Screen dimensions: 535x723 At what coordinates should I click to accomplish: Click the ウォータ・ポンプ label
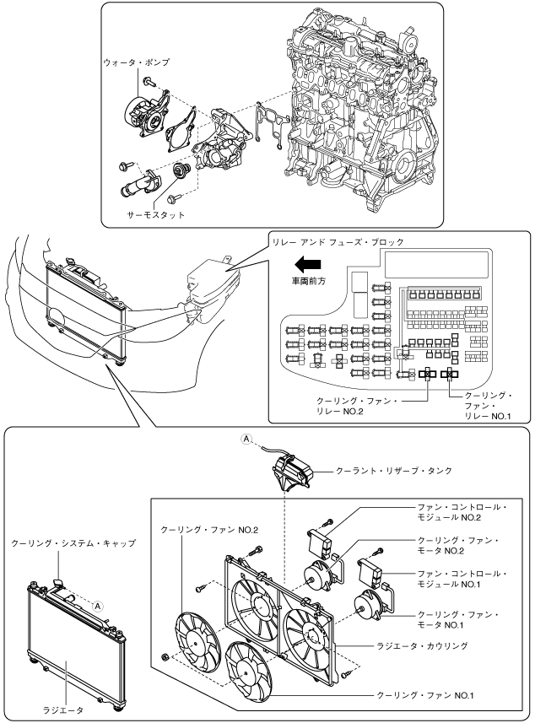click(x=137, y=62)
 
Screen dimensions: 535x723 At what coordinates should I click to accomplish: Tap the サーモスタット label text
click(x=156, y=215)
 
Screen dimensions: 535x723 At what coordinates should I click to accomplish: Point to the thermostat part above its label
click(x=179, y=170)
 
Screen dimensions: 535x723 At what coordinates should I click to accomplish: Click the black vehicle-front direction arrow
click(x=308, y=264)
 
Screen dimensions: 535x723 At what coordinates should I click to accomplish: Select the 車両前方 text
click(x=309, y=280)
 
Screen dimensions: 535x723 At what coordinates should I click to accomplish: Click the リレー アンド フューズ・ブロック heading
click(x=338, y=241)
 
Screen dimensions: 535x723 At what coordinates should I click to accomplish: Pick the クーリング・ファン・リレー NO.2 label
click(x=356, y=407)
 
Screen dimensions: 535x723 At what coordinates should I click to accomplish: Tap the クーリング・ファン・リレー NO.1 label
click(x=488, y=406)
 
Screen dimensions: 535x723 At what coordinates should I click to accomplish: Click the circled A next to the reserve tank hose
click(x=246, y=439)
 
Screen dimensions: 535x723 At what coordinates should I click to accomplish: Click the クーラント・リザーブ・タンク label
click(x=394, y=471)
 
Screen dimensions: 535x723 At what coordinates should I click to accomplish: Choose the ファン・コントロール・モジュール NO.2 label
click(x=462, y=512)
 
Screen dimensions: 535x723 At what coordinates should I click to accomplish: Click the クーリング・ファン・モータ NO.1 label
click(x=458, y=620)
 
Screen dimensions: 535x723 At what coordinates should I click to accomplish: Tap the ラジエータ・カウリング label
click(x=423, y=646)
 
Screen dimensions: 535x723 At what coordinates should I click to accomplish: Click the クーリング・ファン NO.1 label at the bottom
click(x=424, y=695)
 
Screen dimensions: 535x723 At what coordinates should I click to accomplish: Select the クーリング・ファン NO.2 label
click(x=209, y=530)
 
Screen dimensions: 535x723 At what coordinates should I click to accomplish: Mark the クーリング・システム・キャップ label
click(x=73, y=543)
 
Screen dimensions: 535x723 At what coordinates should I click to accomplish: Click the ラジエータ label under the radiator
click(x=63, y=710)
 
